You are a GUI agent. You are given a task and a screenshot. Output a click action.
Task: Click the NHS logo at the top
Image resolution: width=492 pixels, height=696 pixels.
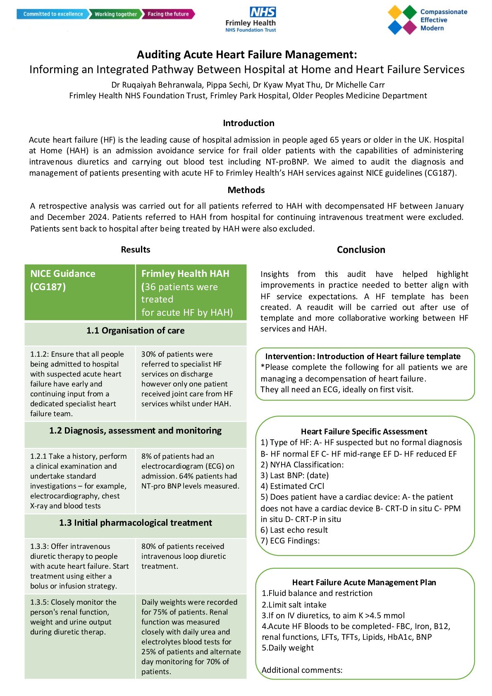click(x=263, y=12)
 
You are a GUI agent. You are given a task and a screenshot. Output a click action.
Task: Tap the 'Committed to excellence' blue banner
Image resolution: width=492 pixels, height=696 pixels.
click(x=53, y=14)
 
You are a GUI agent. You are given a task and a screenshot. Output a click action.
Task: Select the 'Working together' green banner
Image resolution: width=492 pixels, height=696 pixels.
click(x=115, y=14)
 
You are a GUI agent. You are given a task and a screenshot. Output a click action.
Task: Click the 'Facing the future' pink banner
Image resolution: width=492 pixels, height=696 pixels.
click(x=168, y=14)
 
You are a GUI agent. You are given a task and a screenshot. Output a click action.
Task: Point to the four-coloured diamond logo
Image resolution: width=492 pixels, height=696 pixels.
click(x=402, y=20)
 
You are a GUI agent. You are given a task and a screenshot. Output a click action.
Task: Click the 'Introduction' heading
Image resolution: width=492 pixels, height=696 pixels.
click(x=248, y=123)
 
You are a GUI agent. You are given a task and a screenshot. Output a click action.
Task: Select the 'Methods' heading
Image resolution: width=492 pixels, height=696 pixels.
click(x=246, y=190)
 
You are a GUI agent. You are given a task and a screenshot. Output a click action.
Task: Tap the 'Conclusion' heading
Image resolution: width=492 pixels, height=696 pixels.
click(x=361, y=250)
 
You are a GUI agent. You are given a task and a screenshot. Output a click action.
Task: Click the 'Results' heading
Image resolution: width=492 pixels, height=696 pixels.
click(x=135, y=250)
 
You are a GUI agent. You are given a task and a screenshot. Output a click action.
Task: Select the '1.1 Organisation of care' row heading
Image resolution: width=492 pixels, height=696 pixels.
click(x=135, y=331)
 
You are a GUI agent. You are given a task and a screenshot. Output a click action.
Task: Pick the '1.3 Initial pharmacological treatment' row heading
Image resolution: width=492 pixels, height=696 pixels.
click(x=135, y=523)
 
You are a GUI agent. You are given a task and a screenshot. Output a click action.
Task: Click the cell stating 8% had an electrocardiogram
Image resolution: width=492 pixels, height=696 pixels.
click(x=190, y=471)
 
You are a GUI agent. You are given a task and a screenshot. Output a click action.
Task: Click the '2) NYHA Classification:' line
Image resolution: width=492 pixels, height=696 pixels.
click(x=302, y=465)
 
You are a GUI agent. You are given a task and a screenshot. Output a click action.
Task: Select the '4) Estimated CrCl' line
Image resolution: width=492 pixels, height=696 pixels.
click(x=292, y=486)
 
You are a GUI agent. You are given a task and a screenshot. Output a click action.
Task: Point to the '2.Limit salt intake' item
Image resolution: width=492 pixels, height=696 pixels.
click(x=294, y=605)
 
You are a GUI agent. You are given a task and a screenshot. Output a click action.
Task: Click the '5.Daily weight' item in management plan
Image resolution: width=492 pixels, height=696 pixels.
click(x=288, y=648)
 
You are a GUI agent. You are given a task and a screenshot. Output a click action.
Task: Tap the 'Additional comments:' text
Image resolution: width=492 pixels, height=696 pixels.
click(x=302, y=670)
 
